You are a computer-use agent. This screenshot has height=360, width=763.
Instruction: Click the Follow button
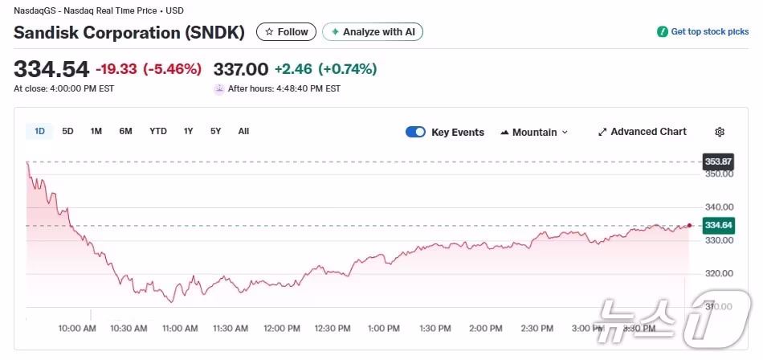286,32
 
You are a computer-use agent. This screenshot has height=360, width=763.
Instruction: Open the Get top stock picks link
704,32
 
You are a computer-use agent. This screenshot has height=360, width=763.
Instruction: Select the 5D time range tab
67,131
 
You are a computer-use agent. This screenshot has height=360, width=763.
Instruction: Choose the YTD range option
158,131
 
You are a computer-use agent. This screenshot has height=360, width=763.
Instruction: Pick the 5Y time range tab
215,131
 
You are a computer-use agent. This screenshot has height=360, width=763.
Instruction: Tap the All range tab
243,131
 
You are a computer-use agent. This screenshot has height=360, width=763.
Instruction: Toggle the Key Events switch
415,132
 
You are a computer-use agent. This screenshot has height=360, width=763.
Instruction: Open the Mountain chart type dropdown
534,132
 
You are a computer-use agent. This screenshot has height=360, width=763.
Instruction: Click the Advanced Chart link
643,132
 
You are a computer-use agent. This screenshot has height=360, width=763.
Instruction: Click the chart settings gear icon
720,132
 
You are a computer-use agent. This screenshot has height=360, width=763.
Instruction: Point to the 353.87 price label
718,162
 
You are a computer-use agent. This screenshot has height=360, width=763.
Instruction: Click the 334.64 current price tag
718,225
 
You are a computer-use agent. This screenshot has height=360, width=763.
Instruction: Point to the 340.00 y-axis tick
719,207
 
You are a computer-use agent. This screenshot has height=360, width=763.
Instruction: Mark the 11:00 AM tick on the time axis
180,328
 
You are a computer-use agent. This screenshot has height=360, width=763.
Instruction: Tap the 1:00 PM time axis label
383,328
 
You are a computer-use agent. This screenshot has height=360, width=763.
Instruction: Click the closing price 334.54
51,69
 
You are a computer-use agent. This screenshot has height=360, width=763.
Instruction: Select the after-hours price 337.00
240,69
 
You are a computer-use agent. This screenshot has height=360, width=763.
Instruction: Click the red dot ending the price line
689,225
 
